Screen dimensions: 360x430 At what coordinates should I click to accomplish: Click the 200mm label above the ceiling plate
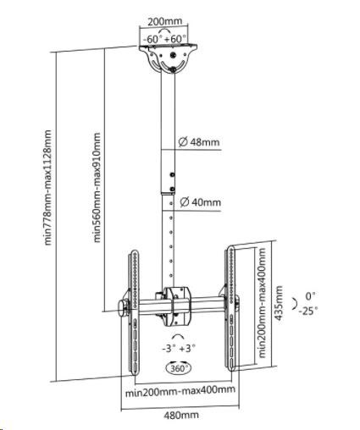coord(165,21)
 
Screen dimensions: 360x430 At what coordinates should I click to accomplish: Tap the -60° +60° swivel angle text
coord(165,39)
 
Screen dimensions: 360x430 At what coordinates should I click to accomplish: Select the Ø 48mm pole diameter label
coord(199,141)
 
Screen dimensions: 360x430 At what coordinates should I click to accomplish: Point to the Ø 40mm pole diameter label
coord(201,202)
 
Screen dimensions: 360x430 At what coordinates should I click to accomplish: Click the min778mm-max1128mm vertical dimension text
coord(48,187)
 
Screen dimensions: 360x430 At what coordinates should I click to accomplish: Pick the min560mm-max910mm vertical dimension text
coord(97,187)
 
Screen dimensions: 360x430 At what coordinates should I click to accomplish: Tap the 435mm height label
coord(279,303)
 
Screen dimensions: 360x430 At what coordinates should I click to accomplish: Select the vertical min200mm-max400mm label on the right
coord(263,303)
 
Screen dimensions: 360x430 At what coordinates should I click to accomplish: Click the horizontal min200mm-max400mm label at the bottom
coord(180,391)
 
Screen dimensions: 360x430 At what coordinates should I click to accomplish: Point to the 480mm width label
coord(181,415)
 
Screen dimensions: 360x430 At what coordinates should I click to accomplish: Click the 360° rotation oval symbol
coord(179,368)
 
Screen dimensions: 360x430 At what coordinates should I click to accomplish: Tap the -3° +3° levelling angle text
coord(179,349)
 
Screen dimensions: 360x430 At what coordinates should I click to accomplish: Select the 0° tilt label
coord(310,296)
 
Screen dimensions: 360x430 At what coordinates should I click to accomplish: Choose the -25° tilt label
coord(308,311)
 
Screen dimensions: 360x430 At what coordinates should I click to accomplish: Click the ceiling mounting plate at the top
coord(168,58)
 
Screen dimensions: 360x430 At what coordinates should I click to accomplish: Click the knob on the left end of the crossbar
coord(123,308)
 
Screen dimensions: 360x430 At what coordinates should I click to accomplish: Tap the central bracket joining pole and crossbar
coord(175,306)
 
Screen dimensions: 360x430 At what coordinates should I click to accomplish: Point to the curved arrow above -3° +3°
coord(178,336)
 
